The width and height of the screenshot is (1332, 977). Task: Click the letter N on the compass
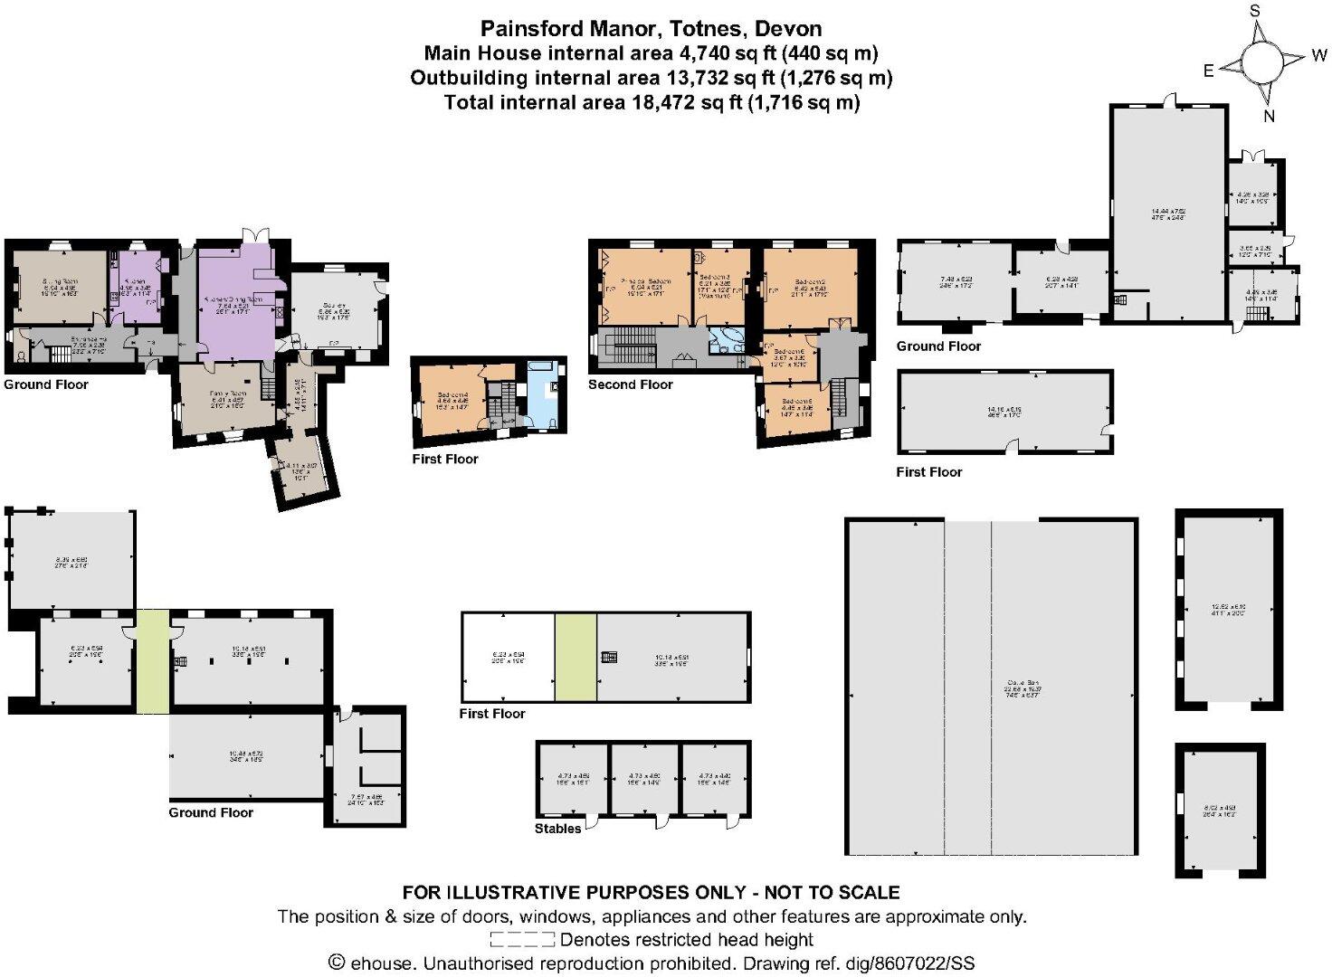pos(1269,116)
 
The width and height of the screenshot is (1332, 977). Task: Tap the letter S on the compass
pos(1255,11)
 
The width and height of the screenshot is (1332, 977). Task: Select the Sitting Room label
pos(60,290)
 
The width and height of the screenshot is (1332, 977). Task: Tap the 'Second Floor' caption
pos(630,384)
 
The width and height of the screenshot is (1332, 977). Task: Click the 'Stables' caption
pos(557,829)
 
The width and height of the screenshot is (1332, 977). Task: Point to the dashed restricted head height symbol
pos(522,940)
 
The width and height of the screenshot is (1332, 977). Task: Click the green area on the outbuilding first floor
pos(576,656)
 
